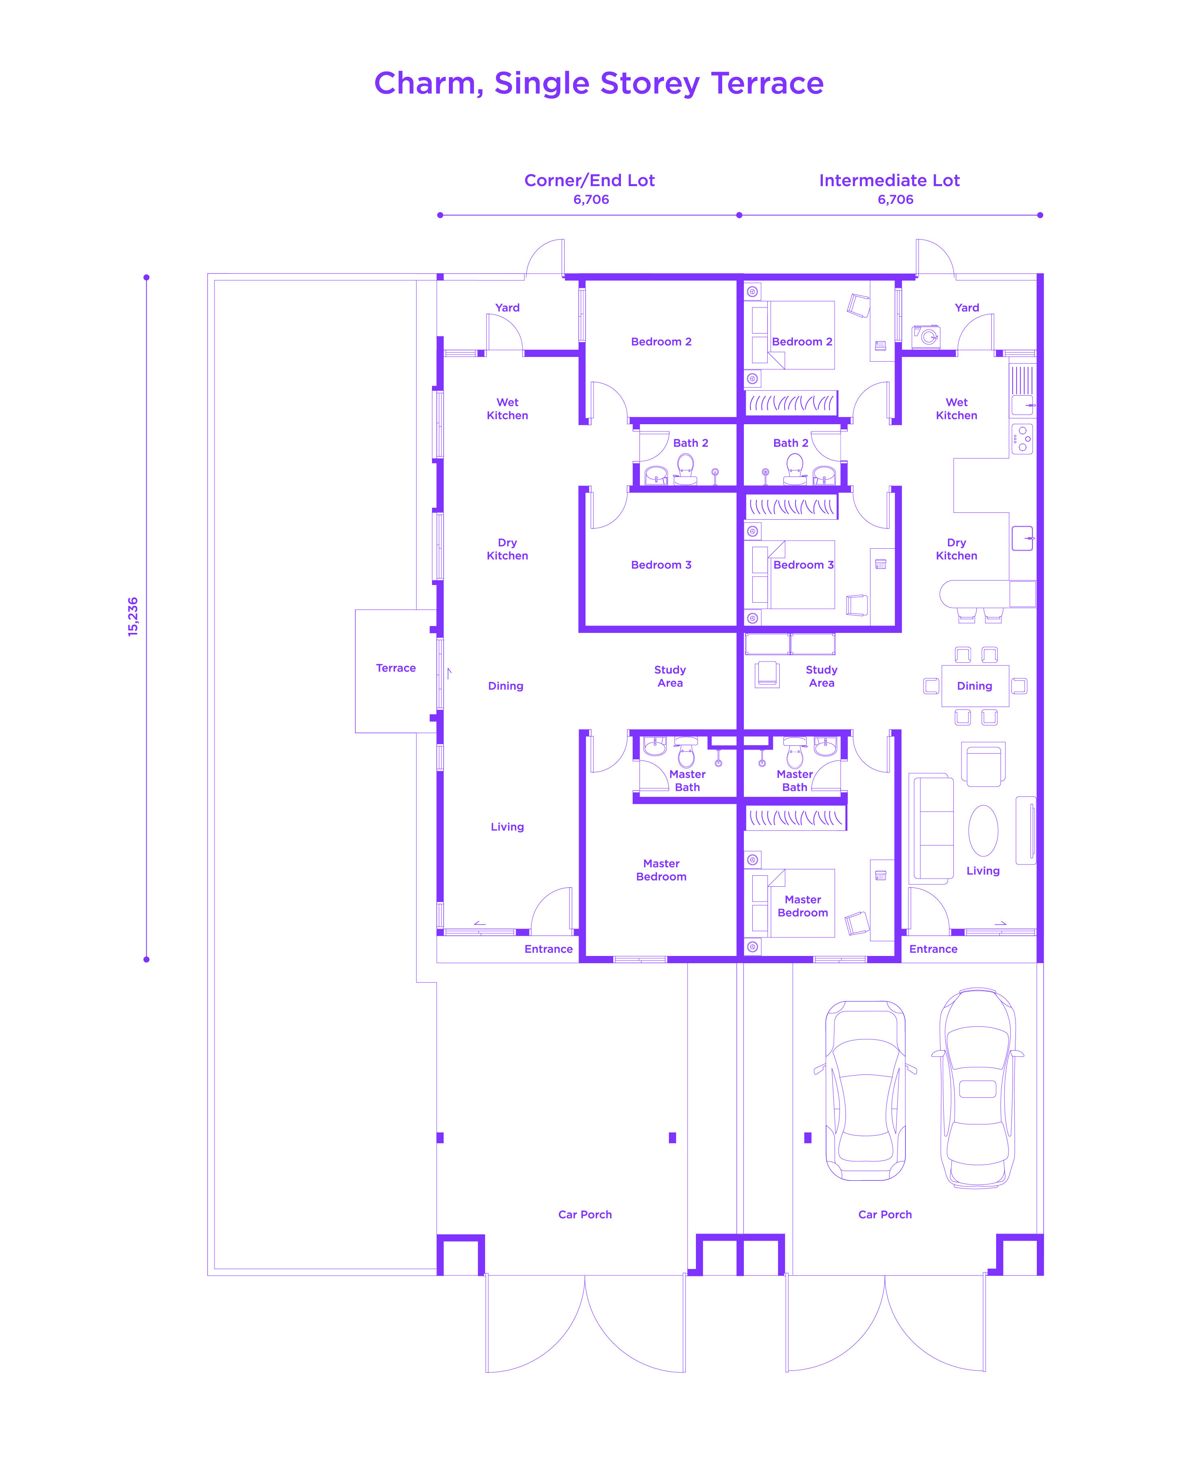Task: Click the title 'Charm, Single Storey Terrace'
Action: (x=598, y=83)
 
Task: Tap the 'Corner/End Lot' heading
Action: (x=590, y=181)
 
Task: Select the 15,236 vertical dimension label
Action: (x=133, y=616)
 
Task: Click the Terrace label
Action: (x=395, y=668)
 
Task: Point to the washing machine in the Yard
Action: (x=926, y=337)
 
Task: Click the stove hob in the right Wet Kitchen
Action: (x=1022, y=439)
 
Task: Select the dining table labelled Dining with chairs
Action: (x=974, y=686)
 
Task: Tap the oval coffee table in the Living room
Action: (x=983, y=831)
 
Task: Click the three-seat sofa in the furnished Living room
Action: (x=933, y=829)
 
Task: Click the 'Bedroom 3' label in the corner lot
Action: (x=660, y=565)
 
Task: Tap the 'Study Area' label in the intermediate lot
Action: (x=821, y=676)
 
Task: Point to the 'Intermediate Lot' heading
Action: (x=889, y=181)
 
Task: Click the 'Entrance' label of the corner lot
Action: (x=548, y=949)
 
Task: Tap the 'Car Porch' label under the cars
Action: (x=884, y=1214)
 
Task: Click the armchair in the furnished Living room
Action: (x=983, y=764)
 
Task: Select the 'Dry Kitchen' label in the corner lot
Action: (x=507, y=549)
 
